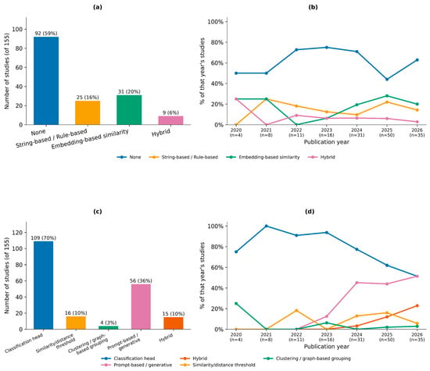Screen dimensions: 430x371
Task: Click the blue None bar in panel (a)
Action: pos(46,80)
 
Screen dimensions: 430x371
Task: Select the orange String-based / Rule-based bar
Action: pos(88,113)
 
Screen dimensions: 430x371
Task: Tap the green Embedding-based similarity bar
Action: pos(129,110)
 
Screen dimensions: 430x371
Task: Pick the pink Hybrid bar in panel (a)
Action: pos(170,120)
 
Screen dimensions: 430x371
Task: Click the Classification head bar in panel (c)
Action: pos(43,285)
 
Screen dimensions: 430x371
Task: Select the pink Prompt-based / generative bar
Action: pos(141,307)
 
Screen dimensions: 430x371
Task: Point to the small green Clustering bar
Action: pos(109,328)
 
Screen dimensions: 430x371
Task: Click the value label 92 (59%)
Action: pos(46,34)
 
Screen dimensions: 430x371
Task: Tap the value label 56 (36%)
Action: pos(141,281)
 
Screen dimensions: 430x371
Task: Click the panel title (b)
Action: pos(313,7)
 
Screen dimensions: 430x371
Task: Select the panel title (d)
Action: pos(310,212)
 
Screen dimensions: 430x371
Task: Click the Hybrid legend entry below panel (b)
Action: pos(321,157)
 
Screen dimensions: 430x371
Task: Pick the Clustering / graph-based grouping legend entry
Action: pos(307,359)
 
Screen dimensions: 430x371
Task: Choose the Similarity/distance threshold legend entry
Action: pos(218,365)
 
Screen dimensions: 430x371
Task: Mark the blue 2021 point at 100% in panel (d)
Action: pos(267,226)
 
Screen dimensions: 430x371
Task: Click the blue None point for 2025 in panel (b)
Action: pos(387,80)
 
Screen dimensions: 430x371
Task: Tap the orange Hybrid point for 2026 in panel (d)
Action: pos(417,305)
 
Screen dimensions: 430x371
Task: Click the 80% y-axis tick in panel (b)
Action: pos(216,42)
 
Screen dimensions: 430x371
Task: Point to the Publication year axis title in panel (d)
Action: pos(327,347)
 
